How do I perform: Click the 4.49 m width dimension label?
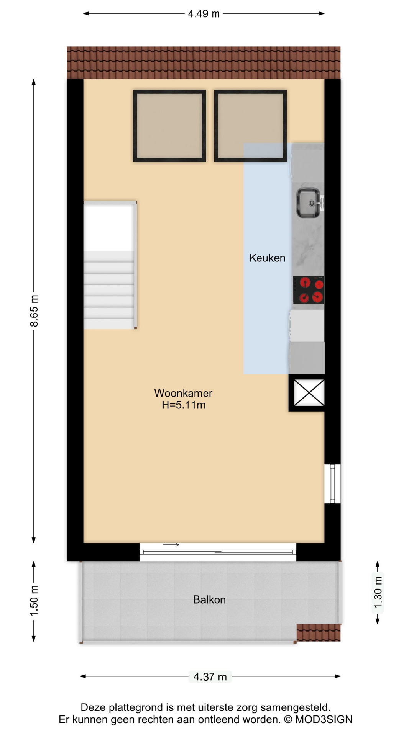pos(204,14)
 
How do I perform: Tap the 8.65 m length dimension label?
pos(34,311)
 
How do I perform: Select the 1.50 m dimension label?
pos(34,601)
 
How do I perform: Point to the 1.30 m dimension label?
pos(378,593)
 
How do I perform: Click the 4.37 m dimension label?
pos(210,676)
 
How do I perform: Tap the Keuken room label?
pos(267,258)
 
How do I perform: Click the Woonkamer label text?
pos(183,393)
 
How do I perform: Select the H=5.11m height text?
pos(184,405)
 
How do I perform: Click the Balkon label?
pos(209,599)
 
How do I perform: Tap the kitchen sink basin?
pos(308,203)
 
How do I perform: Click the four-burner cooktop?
pos(309,290)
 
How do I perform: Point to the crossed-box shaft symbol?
pos(309,393)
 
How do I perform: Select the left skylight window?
pos(169,126)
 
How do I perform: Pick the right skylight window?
pos(250,126)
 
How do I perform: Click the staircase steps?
pos(109,290)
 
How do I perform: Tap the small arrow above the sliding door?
pos(171,545)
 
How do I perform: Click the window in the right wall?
pos(332,483)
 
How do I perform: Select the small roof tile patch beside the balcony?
pos(319,632)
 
